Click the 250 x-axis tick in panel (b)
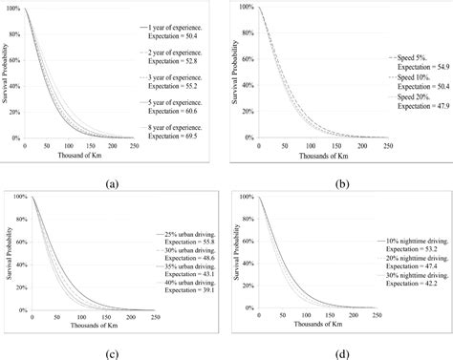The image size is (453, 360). pos(387,145)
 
